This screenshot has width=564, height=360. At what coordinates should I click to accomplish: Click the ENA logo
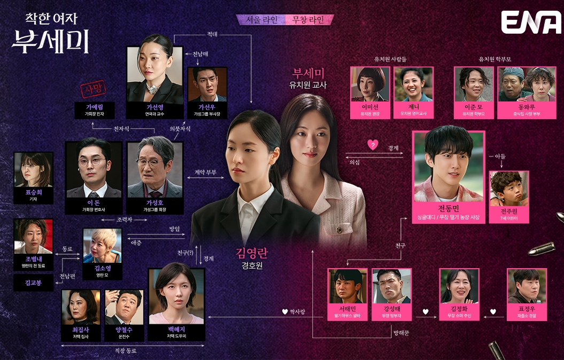click(x=531, y=22)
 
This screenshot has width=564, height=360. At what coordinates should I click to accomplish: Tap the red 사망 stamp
click(x=90, y=89)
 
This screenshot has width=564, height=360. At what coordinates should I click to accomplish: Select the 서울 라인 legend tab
click(x=262, y=20)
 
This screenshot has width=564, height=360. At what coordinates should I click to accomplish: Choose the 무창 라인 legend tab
click(x=310, y=20)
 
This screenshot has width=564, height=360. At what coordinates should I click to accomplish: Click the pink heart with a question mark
click(x=374, y=144)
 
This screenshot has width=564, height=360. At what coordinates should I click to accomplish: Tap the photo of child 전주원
click(x=508, y=191)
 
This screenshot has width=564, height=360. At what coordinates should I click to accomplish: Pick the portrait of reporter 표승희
click(x=34, y=170)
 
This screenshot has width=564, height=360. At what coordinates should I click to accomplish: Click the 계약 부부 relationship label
click(x=202, y=173)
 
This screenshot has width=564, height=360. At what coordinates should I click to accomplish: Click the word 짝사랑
click(x=297, y=311)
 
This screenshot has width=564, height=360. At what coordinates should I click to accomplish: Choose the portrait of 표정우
click(x=526, y=287)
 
